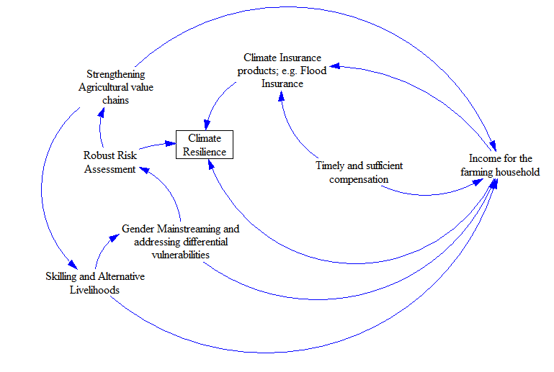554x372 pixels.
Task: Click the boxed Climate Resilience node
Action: [x=204, y=145]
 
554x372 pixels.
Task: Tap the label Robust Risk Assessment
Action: [x=110, y=162]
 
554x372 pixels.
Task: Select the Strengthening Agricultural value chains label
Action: [x=115, y=87]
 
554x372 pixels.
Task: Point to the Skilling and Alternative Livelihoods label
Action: [x=94, y=283]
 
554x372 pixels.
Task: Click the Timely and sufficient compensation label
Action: [x=359, y=172]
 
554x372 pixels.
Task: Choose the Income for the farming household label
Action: [x=500, y=165]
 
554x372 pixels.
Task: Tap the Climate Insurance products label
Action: [x=282, y=70]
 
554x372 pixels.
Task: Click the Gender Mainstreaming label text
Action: [x=180, y=241]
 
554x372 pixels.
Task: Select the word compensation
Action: [x=359, y=179]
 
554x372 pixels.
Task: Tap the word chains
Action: [x=115, y=100]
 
